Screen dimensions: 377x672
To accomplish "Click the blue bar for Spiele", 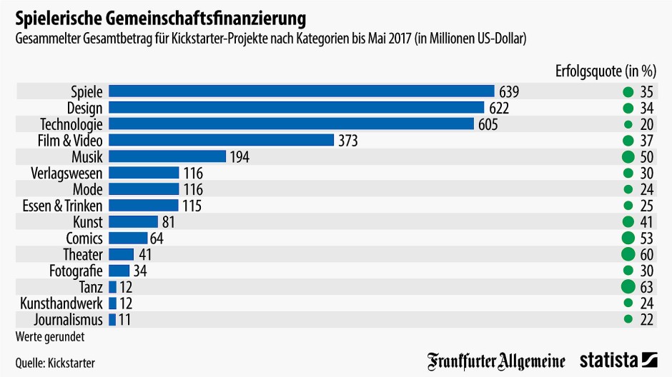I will click(301, 91).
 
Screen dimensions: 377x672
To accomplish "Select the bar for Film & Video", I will click(221, 141).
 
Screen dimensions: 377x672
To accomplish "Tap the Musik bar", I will click(167, 156).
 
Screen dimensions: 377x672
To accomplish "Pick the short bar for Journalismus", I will click(112, 320).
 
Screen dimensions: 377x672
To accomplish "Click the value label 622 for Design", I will click(499, 108).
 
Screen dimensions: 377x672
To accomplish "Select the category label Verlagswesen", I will click(67, 173).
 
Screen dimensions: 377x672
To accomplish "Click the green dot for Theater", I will click(628, 255).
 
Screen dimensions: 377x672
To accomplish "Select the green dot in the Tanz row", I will click(628, 287).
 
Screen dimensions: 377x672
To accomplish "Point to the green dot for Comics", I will click(628, 238).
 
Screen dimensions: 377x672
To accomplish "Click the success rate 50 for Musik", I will click(647, 157).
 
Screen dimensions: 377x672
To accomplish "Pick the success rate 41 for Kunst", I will click(647, 222).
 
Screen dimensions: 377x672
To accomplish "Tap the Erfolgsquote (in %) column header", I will click(606, 70).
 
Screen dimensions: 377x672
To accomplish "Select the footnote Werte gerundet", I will click(47, 335).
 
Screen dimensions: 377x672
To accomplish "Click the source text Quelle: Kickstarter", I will click(55, 363).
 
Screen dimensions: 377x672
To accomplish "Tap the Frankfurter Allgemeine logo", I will click(496, 361).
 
